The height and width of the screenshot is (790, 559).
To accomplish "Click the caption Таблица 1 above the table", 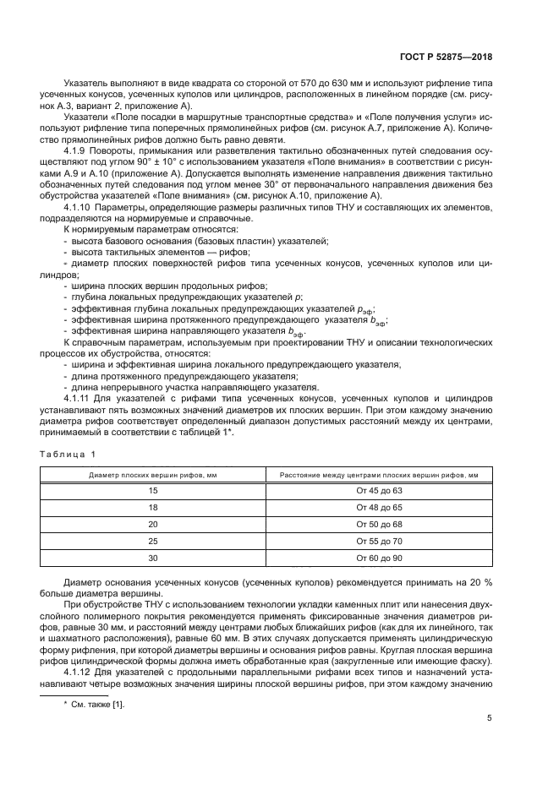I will [69, 454].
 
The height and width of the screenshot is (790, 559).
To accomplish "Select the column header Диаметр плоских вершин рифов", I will [153, 475].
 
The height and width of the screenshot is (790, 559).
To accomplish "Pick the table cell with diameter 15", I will [153, 491].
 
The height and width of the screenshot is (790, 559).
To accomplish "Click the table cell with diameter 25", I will [153, 541].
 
